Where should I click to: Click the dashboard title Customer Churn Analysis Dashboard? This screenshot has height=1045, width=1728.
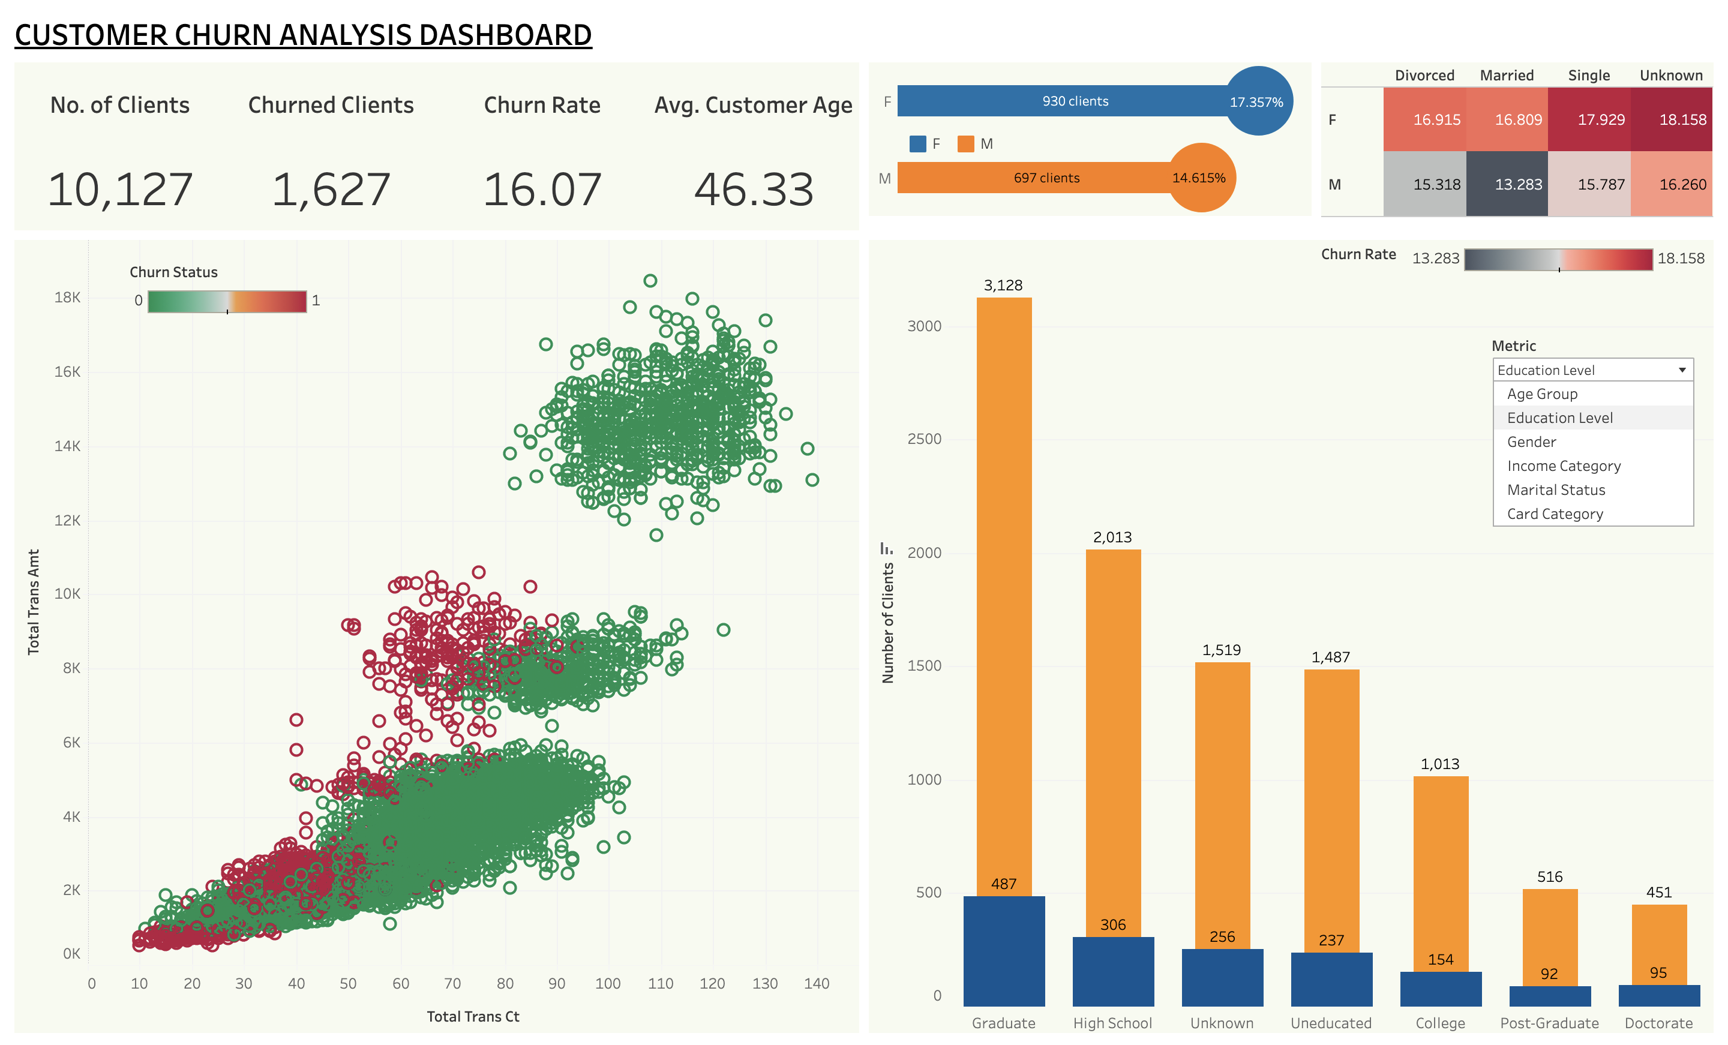click(x=303, y=35)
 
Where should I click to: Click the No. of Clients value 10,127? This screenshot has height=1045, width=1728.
click(x=120, y=190)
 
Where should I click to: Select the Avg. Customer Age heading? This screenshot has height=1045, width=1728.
click(x=752, y=105)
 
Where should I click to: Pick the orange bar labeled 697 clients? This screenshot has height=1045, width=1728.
click(x=1038, y=178)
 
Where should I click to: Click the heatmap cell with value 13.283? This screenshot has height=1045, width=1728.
click(x=1507, y=184)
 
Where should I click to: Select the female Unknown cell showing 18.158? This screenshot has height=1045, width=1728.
click(x=1671, y=120)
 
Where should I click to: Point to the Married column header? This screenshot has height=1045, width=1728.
click(x=1507, y=75)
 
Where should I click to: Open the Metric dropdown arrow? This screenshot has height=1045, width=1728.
click(x=1682, y=370)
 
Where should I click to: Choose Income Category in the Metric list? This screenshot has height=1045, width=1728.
click(x=1563, y=466)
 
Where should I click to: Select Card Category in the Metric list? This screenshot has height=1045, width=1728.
click(x=1555, y=514)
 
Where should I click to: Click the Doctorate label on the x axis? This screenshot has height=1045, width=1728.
click(x=1658, y=1023)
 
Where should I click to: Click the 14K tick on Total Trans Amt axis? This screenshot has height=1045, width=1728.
click(x=67, y=446)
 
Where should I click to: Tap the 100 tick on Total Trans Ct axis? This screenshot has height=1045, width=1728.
click(x=607, y=983)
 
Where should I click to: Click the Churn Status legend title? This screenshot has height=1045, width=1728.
click(x=173, y=272)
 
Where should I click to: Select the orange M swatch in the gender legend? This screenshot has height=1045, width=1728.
click(x=965, y=144)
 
